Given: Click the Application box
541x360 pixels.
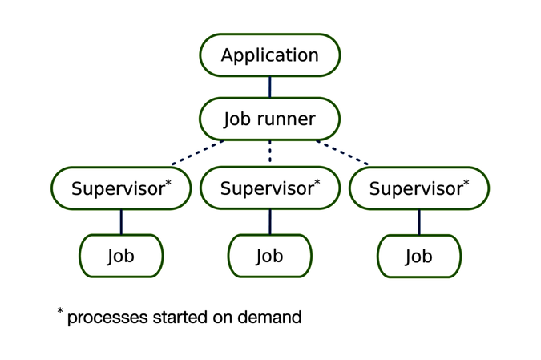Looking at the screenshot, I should pos(270,55).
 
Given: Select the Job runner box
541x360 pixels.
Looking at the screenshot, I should pos(270,119).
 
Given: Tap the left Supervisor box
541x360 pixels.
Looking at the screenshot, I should pos(121,188).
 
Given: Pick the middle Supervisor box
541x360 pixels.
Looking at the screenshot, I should pos(270,188).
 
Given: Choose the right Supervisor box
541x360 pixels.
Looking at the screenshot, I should pos(418,189).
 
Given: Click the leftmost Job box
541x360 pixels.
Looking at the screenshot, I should pos(121,256).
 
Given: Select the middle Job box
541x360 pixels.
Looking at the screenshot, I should pos(270,256).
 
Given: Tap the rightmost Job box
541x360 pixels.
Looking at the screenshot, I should pos(418,257).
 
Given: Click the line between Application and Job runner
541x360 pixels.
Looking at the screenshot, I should pos(270,87).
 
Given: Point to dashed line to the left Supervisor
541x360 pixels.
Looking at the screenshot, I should pos(197,152).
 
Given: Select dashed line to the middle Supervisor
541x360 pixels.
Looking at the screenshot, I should pos(270,152).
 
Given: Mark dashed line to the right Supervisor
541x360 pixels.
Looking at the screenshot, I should pos(342,152).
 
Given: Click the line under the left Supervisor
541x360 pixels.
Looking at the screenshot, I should pos(121,222).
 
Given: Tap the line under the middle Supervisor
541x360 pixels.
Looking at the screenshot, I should pos(270,222).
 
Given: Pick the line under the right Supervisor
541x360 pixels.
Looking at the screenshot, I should pos(418,222).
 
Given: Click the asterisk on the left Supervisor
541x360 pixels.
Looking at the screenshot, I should pos(168,183).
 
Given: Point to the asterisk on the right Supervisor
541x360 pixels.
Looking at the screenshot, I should pos(466,184).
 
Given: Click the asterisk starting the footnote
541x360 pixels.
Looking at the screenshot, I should pos(60,310).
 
